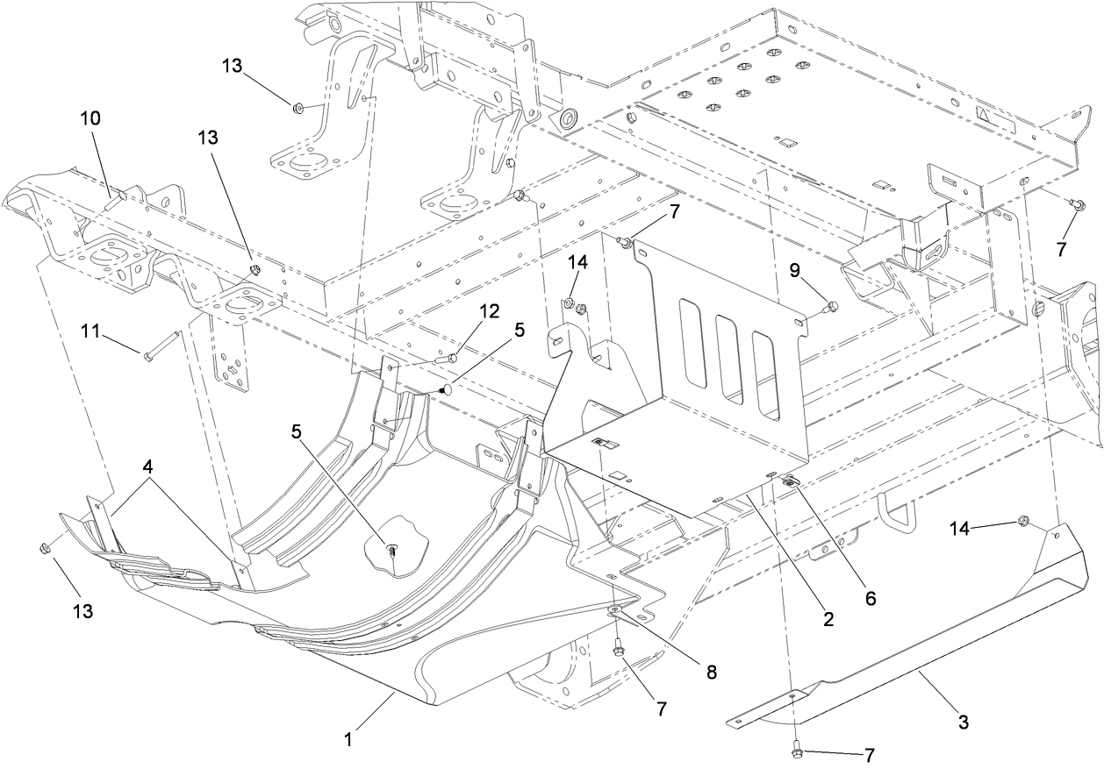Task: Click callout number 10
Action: pos(91,117)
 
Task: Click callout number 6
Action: pos(871,598)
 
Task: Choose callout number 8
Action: pos(711,673)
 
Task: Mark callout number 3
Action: pos(963,723)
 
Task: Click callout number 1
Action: pos(348,738)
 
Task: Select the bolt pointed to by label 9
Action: pos(832,306)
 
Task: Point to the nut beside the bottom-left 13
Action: pos(45,548)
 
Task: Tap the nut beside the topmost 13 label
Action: pos(298,107)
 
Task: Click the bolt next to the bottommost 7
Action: pos(795,752)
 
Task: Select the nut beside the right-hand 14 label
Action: pos(1022,522)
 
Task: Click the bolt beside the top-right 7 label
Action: pos(1079,205)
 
